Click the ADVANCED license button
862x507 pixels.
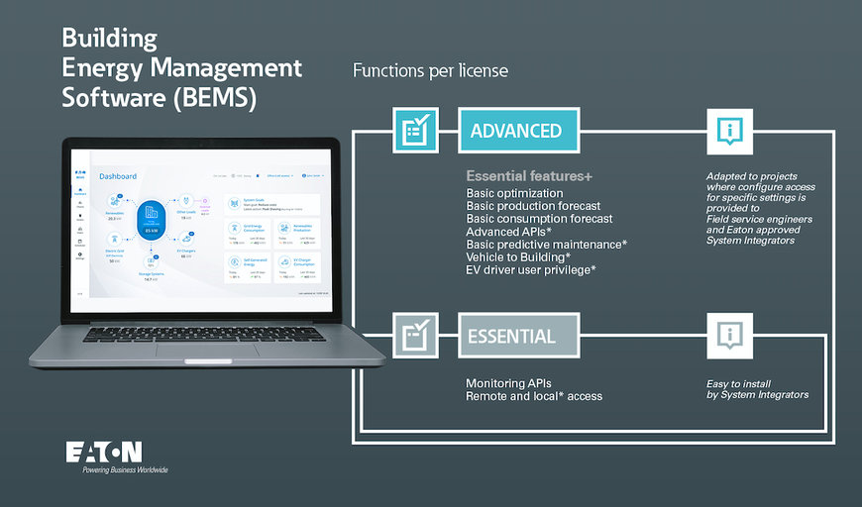point(517,131)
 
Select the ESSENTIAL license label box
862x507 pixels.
point(517,337)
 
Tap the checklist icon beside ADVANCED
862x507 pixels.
point(417,131)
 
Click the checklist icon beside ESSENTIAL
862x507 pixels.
point(417,337)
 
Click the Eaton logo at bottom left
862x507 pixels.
point(103,452)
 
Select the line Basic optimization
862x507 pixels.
point(514,193)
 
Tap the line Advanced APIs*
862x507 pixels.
point(509,232)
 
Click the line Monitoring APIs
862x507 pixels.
point(508,383)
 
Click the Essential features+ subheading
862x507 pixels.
point(529,176)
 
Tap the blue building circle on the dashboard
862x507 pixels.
point(151,214)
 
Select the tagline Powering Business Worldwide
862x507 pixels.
point(125,469)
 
